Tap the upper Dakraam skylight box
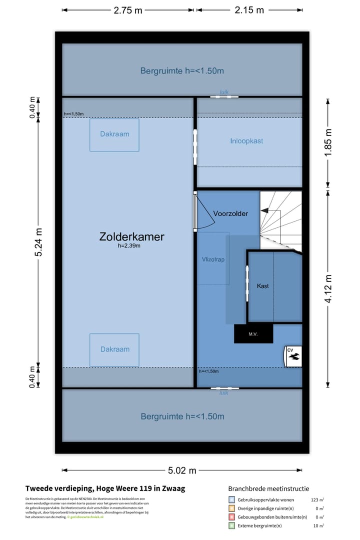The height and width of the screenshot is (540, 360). click(114, 134)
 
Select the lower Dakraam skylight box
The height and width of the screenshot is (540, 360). click(114, 350)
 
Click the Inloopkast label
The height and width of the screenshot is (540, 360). click(246, 141)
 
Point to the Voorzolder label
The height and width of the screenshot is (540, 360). click(230, 213)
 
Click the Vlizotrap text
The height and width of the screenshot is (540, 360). click(213, 259)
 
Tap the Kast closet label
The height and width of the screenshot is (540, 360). click(263, 286)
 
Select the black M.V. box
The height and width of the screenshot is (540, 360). click(253, 334)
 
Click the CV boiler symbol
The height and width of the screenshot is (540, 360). click(293, 356)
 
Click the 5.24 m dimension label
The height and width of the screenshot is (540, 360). click(38, 242)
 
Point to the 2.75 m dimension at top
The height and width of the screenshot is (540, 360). click(128, 10)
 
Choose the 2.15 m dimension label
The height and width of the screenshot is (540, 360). click(249, 10)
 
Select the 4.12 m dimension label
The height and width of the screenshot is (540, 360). click(328, 289)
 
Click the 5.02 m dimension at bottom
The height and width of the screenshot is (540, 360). click(181, 470)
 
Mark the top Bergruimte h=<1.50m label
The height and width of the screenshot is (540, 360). click(181, 71)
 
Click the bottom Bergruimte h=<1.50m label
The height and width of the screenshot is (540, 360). click(182, 416)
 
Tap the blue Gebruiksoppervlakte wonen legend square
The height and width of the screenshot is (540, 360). click(231, 499)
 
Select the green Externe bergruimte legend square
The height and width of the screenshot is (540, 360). click(231, 525)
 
